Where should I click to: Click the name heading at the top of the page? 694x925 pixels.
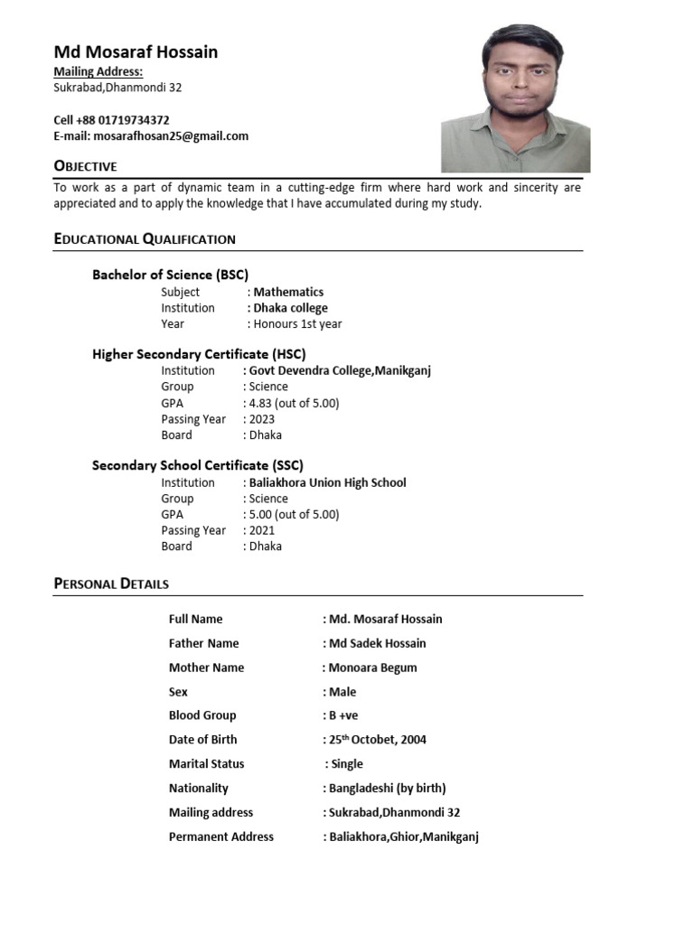click(x=136, y=51)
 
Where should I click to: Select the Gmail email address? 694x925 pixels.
click(x=171, y=136)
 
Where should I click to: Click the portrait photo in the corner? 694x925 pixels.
click(x=515, y=98)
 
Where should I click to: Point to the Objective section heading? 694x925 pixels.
click(x=86, y=166)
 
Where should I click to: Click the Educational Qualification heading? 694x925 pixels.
click(x=145, y=239)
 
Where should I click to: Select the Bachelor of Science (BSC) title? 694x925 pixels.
click(x=170, y=275)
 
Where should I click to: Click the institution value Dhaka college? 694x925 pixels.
click(x=290, y=308)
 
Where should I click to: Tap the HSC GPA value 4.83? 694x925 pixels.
click(x=294, y=403)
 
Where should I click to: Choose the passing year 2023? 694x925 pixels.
click(x=262, y=419)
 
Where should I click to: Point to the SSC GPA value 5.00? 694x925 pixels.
click(x=294, y=514)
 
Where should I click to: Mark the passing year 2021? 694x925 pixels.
click(x=262, y=530)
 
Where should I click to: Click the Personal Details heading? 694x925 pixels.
click(x=111, y=584)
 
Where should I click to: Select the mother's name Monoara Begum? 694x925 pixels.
click(x=372, y=668)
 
